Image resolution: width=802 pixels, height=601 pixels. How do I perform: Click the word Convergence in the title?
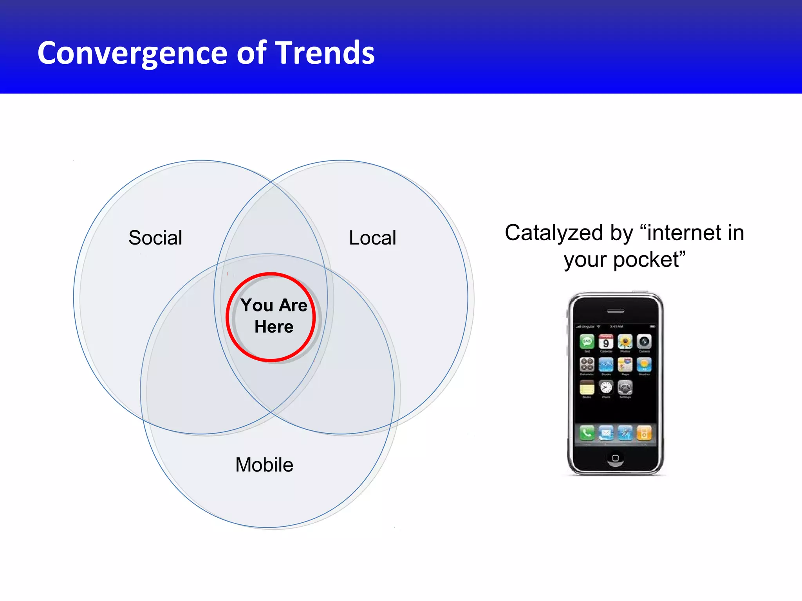click(x=132, y=53)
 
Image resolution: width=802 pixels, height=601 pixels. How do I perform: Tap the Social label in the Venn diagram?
click(x=155, y=238)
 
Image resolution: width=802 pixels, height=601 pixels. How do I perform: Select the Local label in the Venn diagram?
click(x=372, y=238)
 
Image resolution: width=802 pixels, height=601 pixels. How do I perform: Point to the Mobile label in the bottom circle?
click(x=264, y=465)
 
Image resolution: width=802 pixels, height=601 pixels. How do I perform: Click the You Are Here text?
click(x=274, y=315)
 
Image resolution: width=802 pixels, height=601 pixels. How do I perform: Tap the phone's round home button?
click(x=616, y=458)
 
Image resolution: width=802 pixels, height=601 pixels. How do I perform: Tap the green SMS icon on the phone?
click(x=587, y=342)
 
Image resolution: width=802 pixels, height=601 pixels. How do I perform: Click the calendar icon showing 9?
click(x=606, y=342)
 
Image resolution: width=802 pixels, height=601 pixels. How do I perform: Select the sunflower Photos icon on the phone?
click(x=625, y=342)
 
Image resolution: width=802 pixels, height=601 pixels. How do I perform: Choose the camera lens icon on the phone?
click(x=644, y=342)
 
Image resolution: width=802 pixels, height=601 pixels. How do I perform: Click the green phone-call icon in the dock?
click(x=587, y=433)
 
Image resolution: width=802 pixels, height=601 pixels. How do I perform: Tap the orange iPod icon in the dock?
click(x=644, y=433)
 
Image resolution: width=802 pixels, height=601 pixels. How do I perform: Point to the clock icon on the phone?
click(x=606, y=387)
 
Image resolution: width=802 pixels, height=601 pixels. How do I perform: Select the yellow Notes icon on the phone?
click(x=587, y=387)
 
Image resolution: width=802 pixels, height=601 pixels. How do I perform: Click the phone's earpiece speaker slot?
click(x=616, y=311)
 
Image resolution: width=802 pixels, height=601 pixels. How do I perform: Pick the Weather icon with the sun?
click(x=644, y=364)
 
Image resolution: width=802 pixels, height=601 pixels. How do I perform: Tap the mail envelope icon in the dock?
click(x=606, y=433)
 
